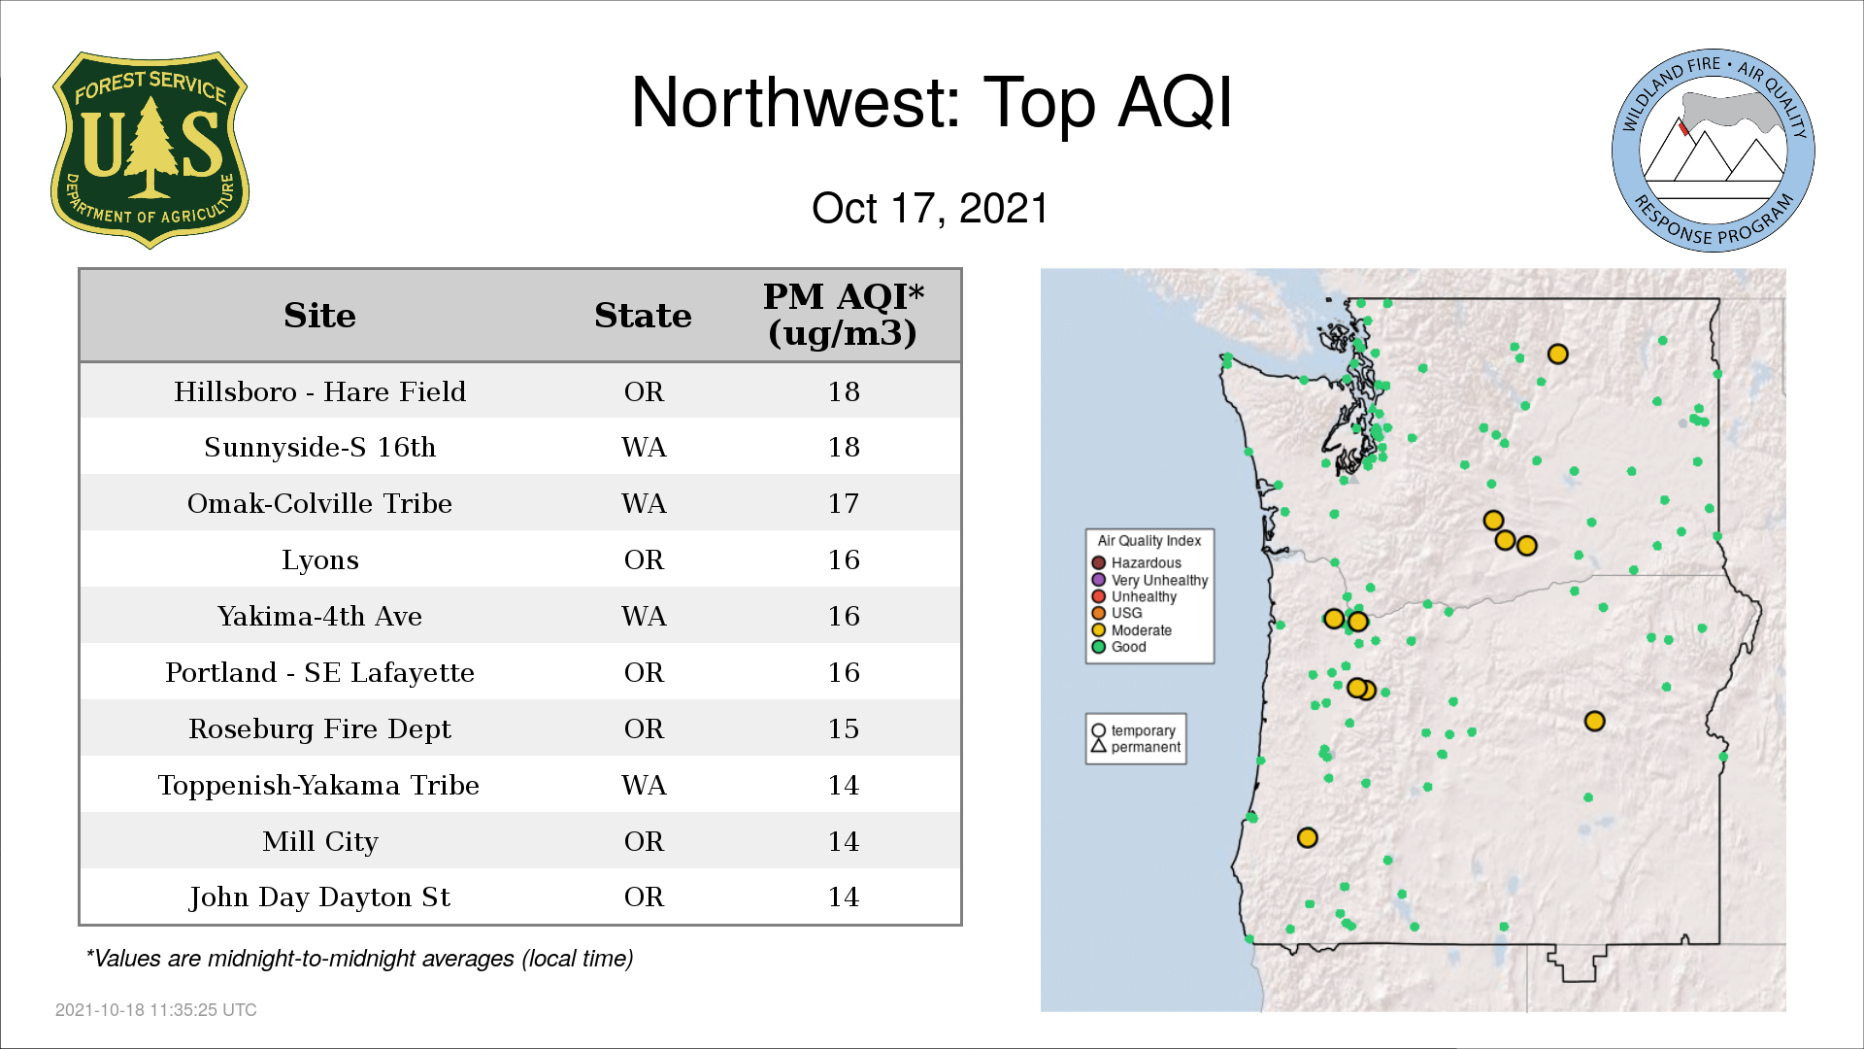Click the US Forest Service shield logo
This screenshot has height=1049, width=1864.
[x=150, y=151]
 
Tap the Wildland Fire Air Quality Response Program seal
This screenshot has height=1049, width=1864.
[x=1714, y=151]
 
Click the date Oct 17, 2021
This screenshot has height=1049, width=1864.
[x=930, y=209]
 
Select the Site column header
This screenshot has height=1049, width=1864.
[x=319, y=316]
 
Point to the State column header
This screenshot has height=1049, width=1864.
[x=643, y=316]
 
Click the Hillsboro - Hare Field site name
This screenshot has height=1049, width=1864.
[x=319, y=391]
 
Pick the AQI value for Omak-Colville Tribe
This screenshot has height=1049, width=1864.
[x=843, y=503]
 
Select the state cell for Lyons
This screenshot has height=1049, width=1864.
[x=644, y=559]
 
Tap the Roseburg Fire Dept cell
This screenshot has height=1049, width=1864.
[x=319, y=728]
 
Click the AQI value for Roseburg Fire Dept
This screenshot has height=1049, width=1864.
[x=843, y=728]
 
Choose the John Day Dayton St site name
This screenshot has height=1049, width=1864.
[x=319, y=897]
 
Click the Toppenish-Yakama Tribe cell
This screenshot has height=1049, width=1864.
[x=318, y=785]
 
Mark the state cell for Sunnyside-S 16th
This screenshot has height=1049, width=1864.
[x=644, y=447]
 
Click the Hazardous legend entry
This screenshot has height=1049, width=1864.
[x=1136, y=563]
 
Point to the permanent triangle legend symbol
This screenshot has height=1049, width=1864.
[x=1099, y=747]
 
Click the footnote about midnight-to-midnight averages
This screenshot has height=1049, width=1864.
[x=359, y=959]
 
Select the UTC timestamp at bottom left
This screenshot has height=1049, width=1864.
[x=156, y=1010]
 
